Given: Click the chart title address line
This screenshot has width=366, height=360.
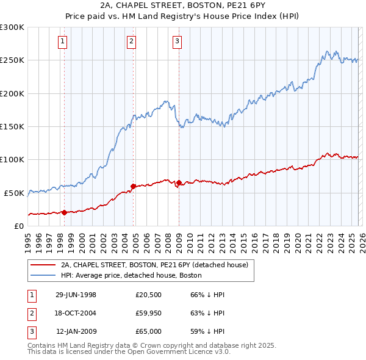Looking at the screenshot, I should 183,5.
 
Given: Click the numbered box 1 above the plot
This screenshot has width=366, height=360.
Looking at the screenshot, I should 64,41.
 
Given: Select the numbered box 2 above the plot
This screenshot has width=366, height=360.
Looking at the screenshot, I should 131,41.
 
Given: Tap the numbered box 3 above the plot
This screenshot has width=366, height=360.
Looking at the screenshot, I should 177,41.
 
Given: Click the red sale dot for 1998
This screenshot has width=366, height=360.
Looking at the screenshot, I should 64,212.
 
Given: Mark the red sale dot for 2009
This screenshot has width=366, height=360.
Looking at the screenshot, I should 179,182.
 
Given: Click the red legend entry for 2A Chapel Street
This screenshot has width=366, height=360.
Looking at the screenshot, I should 153,265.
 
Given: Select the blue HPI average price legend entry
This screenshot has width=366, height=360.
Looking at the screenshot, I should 131,276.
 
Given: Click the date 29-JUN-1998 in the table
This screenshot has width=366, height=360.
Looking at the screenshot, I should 76,295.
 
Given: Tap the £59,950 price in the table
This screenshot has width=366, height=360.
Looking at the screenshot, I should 149,313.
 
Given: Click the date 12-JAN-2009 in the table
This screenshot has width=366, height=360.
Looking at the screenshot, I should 76,331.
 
